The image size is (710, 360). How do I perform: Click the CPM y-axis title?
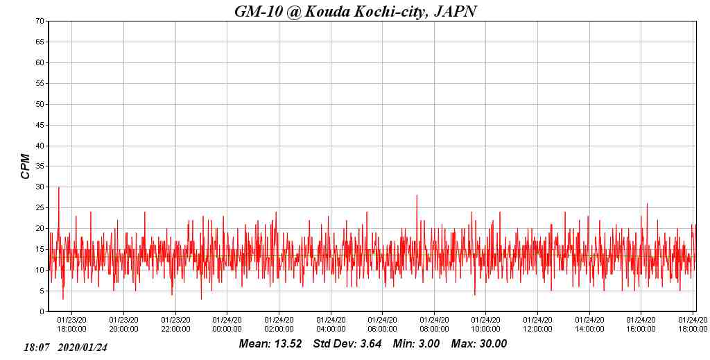26,166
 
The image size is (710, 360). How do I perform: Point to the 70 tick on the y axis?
40,22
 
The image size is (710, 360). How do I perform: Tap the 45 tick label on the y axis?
40,125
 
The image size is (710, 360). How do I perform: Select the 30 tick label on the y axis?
40,187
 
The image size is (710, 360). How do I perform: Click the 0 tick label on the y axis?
42,311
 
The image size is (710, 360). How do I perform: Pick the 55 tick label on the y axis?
40,83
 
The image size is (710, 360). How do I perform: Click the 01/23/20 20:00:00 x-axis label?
123,325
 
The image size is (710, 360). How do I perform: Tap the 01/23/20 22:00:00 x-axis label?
175,325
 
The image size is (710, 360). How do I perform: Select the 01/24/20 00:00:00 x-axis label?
227,325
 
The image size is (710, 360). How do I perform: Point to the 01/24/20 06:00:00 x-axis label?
382,325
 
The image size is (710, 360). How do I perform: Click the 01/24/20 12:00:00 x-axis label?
537,325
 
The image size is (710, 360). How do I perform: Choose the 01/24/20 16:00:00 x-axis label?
641,325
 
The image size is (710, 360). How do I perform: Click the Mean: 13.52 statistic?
270,344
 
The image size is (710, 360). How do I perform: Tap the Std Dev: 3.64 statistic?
347,344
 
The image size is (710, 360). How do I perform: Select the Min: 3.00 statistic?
416,344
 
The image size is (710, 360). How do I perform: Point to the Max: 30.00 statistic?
478,344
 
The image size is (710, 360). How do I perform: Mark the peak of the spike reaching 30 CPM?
58,187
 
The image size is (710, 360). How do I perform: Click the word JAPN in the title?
454,11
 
